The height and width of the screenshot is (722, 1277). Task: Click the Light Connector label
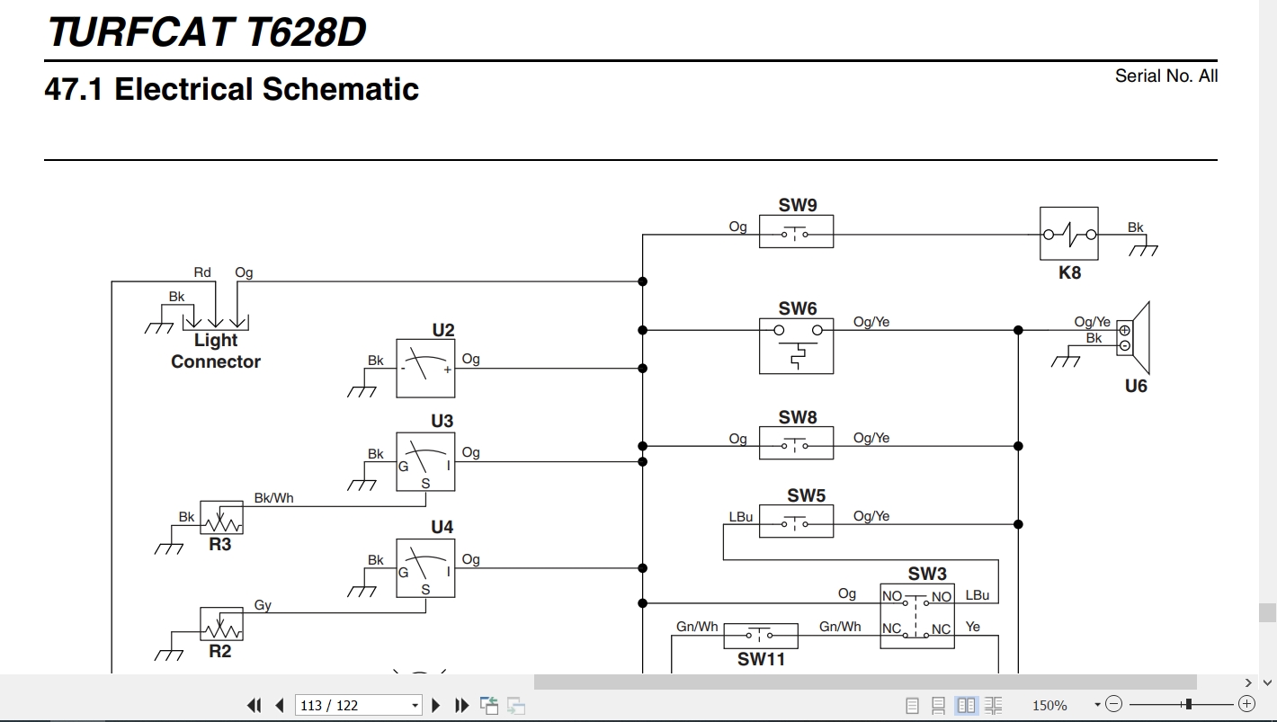(216, 351)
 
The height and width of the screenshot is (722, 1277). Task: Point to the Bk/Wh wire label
(273, 497)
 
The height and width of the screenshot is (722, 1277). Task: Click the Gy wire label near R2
(263, 605)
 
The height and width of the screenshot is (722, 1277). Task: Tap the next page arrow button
(435, 706)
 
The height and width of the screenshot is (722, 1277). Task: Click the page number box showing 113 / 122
(358, 706)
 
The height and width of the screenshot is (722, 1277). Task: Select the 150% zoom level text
(1049, 706)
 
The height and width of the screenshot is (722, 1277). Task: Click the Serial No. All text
(1165, 76)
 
